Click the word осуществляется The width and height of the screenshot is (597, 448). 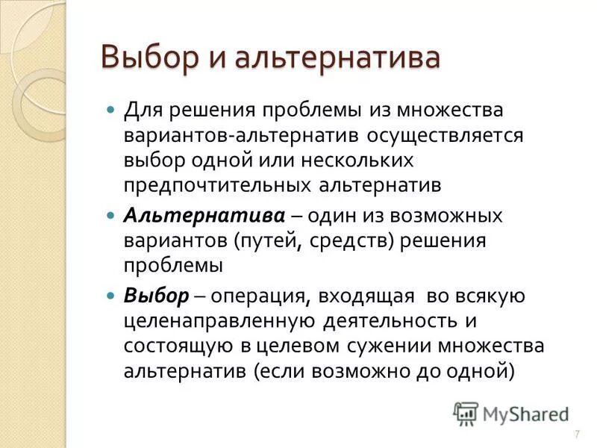(x=451, y=136)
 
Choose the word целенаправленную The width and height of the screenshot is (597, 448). (x=219, y=321)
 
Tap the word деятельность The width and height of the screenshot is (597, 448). (x=391, y=321)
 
